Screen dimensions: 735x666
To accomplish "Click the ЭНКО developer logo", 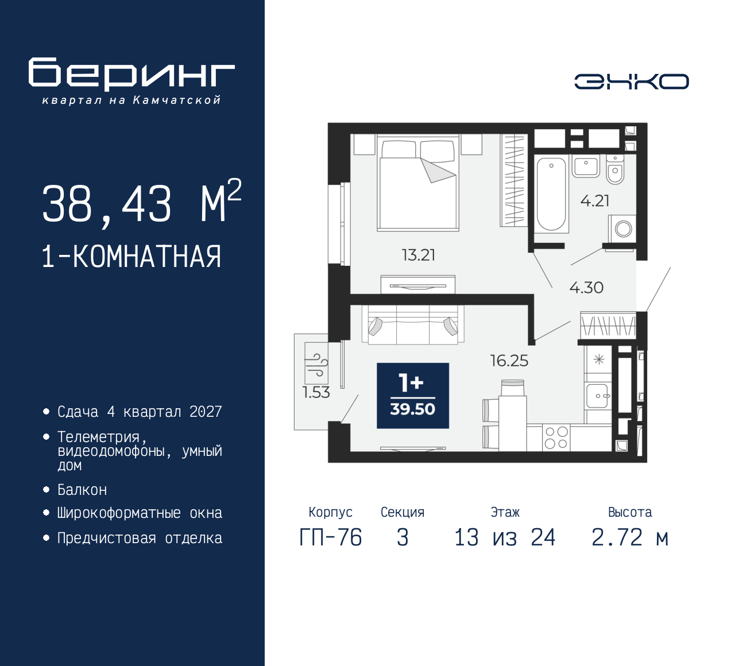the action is (631, 82).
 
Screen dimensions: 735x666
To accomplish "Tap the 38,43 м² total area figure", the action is (142, 203).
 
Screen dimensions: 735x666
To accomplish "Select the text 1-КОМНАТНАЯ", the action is (131, 257).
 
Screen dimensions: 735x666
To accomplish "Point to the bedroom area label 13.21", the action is (419, 255).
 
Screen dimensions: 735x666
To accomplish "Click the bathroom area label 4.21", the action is (595, 201).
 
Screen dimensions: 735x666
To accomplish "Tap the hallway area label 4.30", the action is (586, 288).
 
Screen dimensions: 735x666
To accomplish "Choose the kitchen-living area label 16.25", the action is (509, 361).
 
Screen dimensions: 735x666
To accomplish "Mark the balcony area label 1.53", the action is (316, 392).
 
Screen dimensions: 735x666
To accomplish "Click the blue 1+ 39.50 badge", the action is (413, 396).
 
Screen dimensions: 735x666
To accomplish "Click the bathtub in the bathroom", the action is (551, 194).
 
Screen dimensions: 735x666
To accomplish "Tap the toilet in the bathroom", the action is (615, 169).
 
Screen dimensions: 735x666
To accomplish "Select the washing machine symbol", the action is (622, 229).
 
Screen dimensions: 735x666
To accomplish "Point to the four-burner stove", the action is (556, 437).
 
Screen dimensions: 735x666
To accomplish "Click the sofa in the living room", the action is (413, 325).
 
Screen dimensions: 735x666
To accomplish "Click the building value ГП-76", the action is (331, 538).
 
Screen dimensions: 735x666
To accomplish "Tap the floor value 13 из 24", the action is (505, 538).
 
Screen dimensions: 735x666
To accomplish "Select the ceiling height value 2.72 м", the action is (630, 538).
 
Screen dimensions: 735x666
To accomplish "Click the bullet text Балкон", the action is (82, 490).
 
